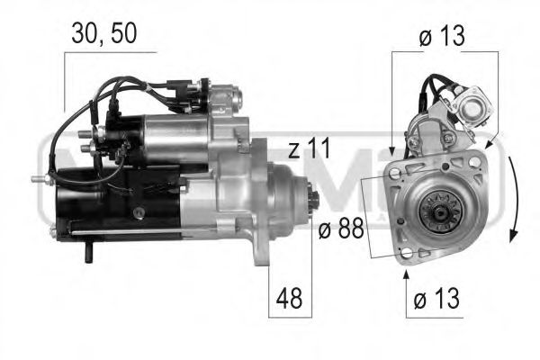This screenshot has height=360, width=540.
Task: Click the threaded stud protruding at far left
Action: [x=39, y=179]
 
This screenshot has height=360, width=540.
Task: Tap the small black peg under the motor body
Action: [x=87, y=256]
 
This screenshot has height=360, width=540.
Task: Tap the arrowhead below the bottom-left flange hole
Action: [x=407, y=269]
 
